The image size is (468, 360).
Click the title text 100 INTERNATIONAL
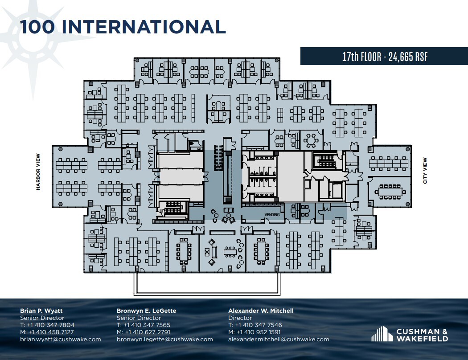[123, 27]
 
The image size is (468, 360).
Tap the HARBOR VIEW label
[38, 172]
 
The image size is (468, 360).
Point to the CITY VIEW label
[425, 171]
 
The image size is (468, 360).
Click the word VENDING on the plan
[272, 215]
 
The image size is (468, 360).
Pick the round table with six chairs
[310, 141]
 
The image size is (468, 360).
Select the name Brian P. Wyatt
[41, 311]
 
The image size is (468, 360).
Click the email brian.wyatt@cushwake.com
[60, 339]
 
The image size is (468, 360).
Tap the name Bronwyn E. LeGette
[146, 311]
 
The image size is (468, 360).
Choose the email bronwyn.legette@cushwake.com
[164, 339]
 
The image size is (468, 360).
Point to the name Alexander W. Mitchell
[261, 311]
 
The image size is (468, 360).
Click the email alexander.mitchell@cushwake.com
[279, 339]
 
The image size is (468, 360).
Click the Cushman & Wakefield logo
[410, 334]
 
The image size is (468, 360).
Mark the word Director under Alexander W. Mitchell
[240, 318]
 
